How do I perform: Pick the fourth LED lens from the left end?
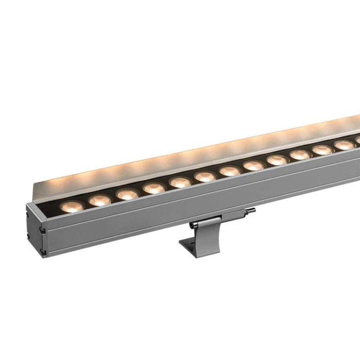tap(154, 188)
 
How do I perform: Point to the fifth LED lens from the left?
tap(180, 182)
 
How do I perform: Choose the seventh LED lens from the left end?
tap(229, 171)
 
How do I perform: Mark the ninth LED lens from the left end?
tap(277, 160)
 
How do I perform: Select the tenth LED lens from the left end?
tap(300, 154)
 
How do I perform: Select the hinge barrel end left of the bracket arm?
tap(192, 225)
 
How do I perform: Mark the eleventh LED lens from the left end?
tap(322, 149)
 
